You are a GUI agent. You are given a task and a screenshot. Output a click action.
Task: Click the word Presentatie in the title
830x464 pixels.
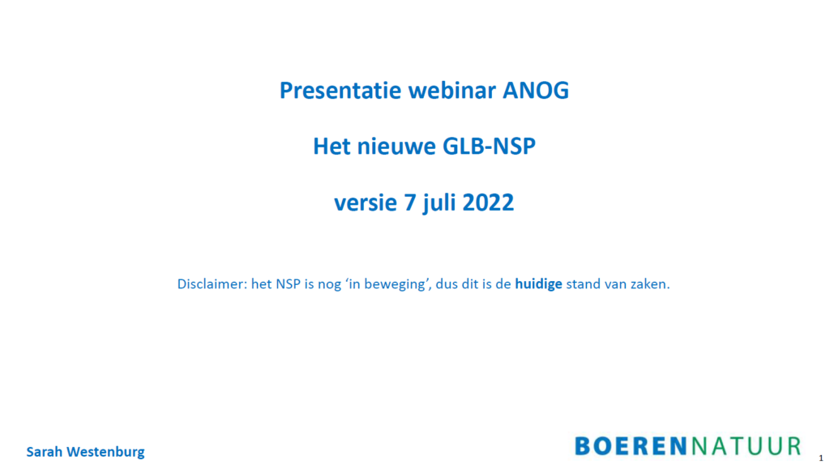[x=341, y=90]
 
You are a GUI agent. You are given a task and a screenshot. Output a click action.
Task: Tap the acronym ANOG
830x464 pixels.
[x=536, y=91]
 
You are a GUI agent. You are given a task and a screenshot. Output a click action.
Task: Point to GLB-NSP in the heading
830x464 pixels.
[x=489, y=146]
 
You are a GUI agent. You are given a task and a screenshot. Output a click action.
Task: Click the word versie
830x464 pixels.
[x=366, y=202]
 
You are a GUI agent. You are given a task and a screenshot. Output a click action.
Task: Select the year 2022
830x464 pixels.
[x=488, y=202]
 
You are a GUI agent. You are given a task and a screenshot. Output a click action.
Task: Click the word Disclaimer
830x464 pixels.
[x=212, y=284]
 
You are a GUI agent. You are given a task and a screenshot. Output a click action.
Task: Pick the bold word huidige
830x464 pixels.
[x=538, y=285]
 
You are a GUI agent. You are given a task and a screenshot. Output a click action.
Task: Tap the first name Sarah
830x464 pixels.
[x=45, y=452]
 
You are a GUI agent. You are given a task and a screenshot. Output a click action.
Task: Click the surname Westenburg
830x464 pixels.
[x=105, y=453]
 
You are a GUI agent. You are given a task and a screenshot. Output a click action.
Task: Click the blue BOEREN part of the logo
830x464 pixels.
[x=631, y=446]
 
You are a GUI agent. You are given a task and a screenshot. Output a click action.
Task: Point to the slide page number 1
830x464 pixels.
[x=821, y=458]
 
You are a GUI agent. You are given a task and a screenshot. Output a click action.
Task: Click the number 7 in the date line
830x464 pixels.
[x=411, y=202]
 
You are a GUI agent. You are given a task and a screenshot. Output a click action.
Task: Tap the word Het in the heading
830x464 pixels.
[x=332, y=146]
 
